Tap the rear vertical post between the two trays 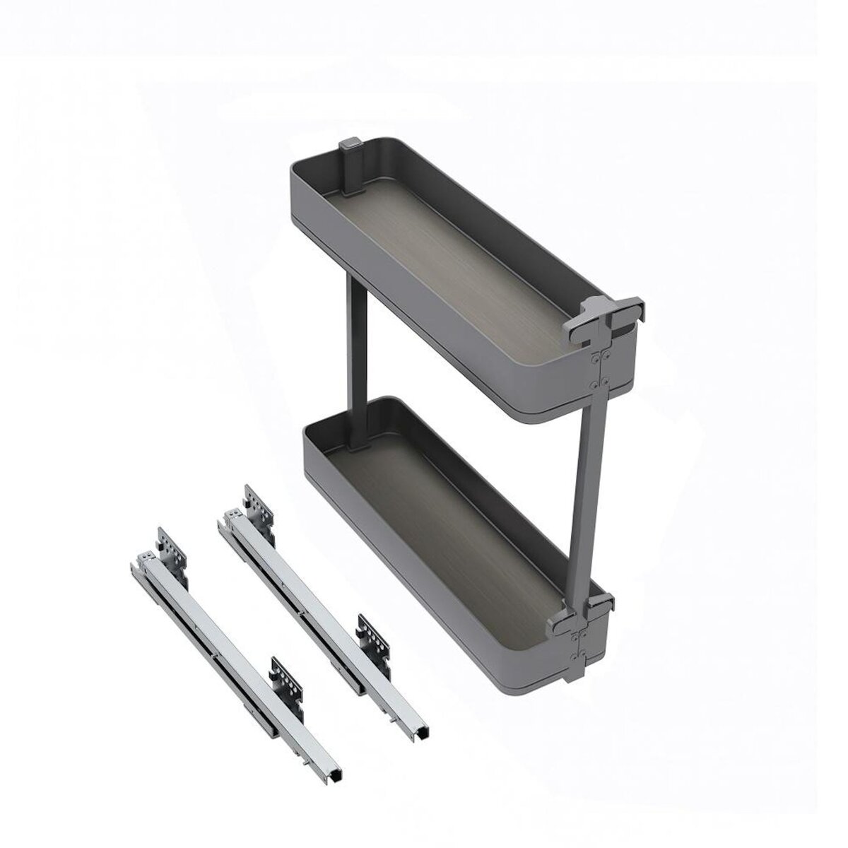354,339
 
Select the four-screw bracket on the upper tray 598,367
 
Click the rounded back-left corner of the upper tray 300,177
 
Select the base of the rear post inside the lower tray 355,442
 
